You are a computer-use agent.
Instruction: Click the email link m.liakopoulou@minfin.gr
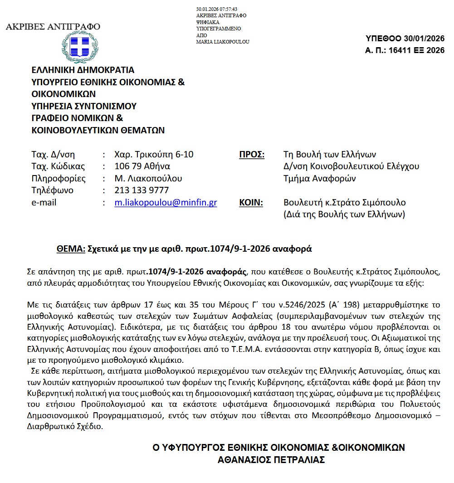pyautogui.click(x=166, y=203)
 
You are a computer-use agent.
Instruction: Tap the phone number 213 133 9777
pyautogui.click(x=142, y=190)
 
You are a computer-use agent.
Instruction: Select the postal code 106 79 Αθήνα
pyautogui.click(x=142, y=166)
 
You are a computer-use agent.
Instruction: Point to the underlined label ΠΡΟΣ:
pyautogui.click(x=252, y=155)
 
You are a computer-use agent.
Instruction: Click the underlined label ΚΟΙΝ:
pyautogui.click(x=251, y=203)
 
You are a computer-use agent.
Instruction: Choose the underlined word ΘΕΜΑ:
pyautogui.click(x=71, y=249)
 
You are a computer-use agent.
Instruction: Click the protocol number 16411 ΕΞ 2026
pyautogui.click(x=411, y=50)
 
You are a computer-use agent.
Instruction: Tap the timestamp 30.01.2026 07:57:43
pyautogui.click(x=217, y=9)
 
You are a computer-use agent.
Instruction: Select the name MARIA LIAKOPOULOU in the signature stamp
pyautogui.click(x=223, y=42)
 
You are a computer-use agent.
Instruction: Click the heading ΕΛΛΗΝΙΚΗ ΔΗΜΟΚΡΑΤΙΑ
pyautogui.click(x=83, y=70)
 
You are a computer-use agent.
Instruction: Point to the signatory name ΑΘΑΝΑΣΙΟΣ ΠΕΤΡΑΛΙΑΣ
pyautogui.click(x=272, y=459)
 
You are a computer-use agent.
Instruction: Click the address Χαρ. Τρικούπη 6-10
pyautogui.click(x=154, y=155)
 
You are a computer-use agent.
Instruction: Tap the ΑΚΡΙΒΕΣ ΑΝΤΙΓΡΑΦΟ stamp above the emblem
pyautogui.click(x=53, y=26)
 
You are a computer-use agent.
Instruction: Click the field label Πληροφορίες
pyautogui.click(x=59, y=179)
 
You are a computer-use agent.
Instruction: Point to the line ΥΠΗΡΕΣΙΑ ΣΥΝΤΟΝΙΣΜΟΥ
pyautogui.click(x=84, y=107)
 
